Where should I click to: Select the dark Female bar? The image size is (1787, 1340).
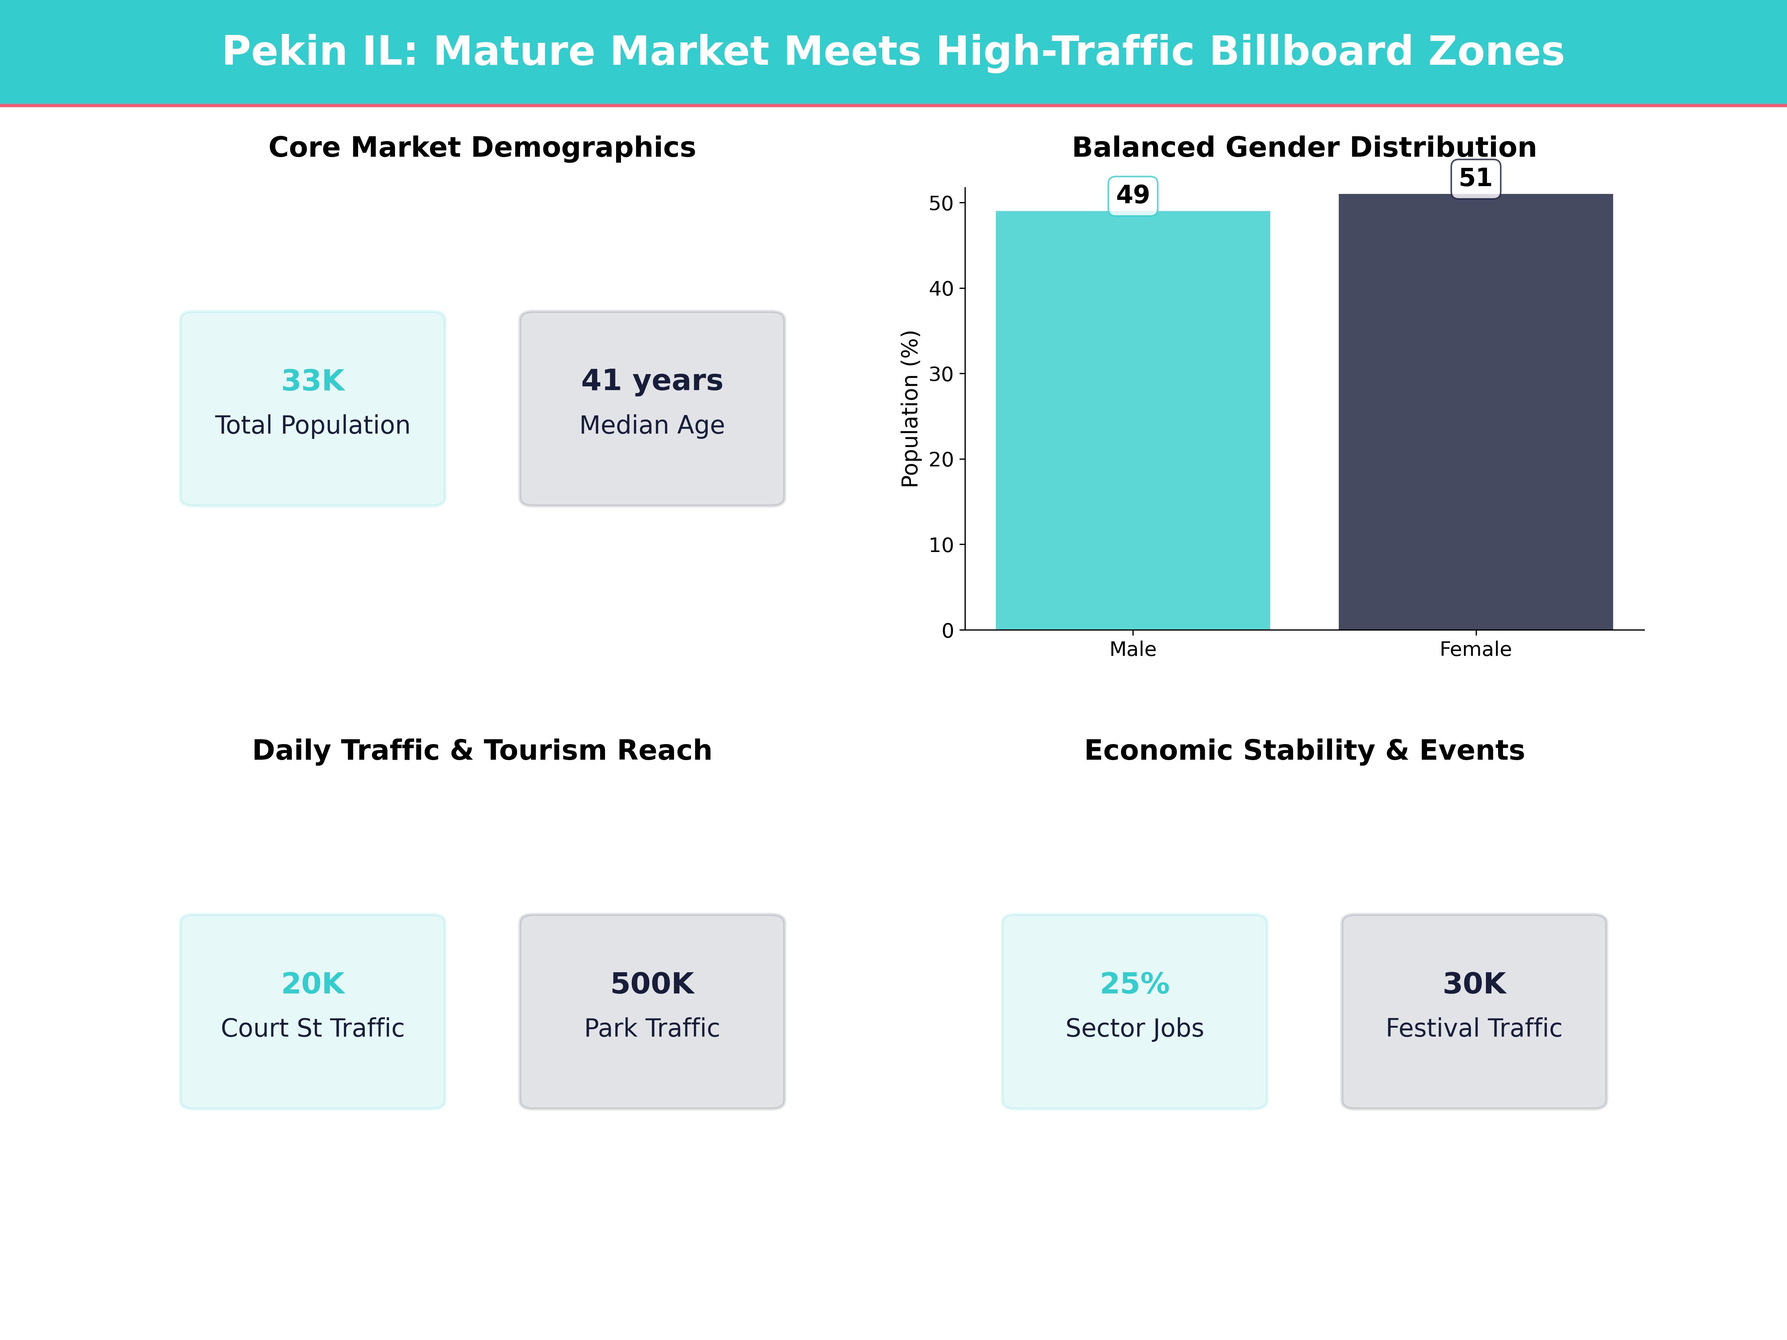pyautogui.click(x=1475, y=412)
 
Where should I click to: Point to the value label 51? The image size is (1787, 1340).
pyautogui.click(x=1475, y=178)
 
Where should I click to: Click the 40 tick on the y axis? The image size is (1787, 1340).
pyautogui.click(x=941, y=288)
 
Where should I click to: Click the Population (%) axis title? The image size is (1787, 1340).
pyautogui.click(x=910, y=409)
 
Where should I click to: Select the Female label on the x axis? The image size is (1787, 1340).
pyautogui.click(x=1475, y=650)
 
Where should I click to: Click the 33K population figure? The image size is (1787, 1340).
pyautogui.click(x=313, y=380)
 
